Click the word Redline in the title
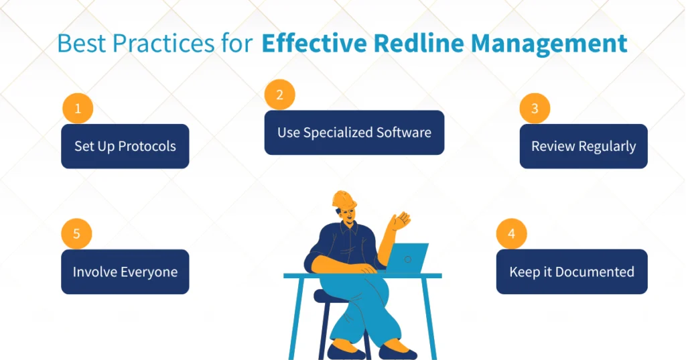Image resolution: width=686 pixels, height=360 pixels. coord(427,44)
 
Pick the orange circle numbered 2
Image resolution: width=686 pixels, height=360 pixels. coord(279,95)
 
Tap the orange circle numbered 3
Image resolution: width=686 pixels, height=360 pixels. coord(534,109)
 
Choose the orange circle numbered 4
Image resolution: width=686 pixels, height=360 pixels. coord(511,235)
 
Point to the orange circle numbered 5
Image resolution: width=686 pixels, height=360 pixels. coord(76,234)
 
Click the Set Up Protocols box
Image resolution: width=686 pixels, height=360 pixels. coord(125,146)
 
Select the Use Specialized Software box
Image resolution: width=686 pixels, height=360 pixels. coord(354,132)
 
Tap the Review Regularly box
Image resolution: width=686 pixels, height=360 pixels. coord(584,146)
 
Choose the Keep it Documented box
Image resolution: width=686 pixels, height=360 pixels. coord(571,272)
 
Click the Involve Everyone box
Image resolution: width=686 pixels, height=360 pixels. coord(125,272)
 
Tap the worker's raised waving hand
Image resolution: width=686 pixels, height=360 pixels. coord(401,220)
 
